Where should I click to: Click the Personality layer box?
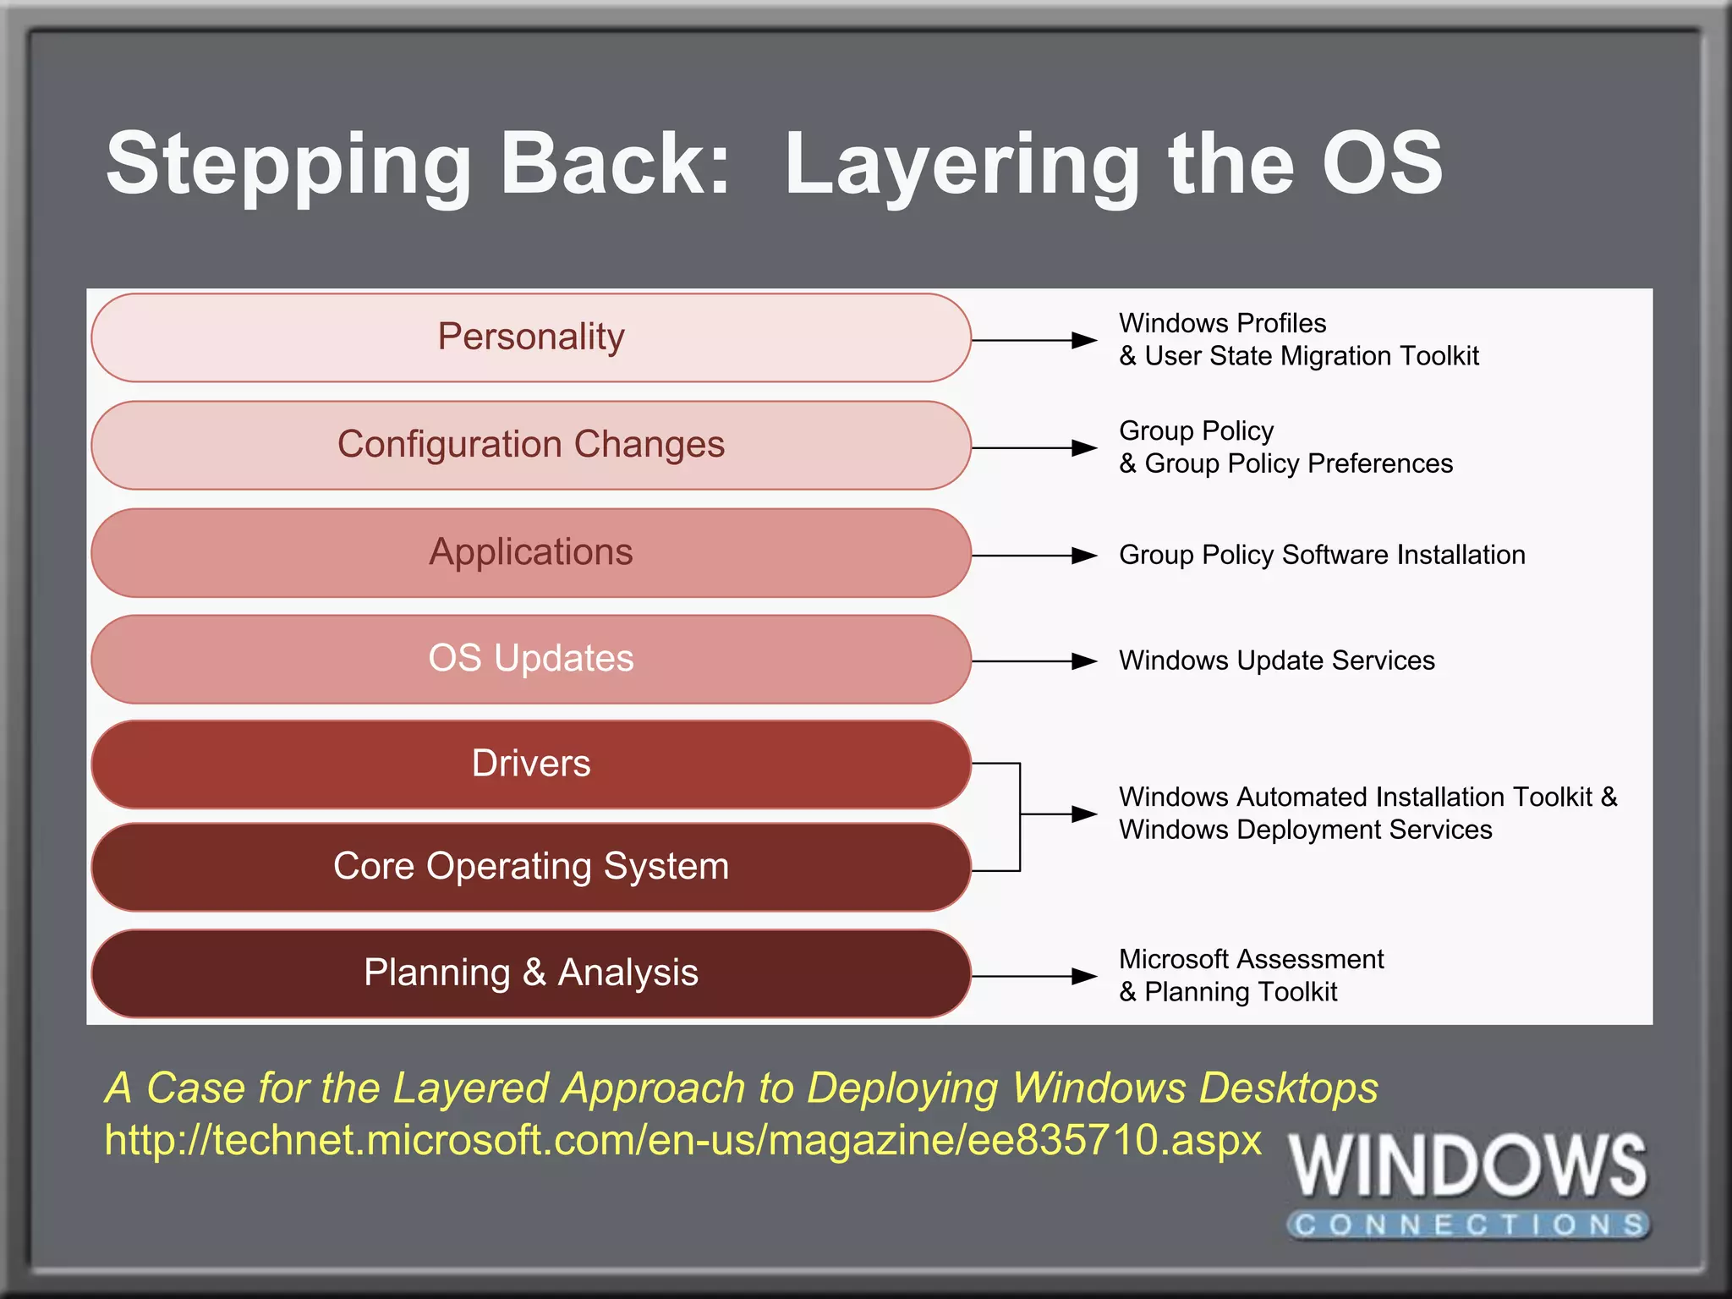(530, 337)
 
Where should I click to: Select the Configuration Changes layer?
(530, 445)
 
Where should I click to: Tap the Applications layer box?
(530, 552)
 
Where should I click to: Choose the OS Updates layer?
(530, 659)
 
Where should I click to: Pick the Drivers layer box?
(530, 764)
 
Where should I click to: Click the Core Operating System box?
(530, 867)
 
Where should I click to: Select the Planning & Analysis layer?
(530, 973)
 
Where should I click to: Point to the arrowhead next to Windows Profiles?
(1083, 340)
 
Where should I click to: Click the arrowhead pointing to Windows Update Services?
(1083, 661)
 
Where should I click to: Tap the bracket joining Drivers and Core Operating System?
(1020, 816)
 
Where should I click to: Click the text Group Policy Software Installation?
(1322, 555)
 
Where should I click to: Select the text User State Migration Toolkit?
(1311, 356)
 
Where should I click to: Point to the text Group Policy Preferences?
(1298, 463)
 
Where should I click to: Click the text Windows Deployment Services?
(1305, 830)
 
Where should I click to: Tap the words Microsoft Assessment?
(1251, 959)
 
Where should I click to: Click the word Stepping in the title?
(288, 166)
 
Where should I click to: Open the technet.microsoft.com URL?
(682, 1140)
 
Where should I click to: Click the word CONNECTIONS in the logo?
(1468, 1224)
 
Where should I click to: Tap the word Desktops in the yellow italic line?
(1288, 1088)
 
